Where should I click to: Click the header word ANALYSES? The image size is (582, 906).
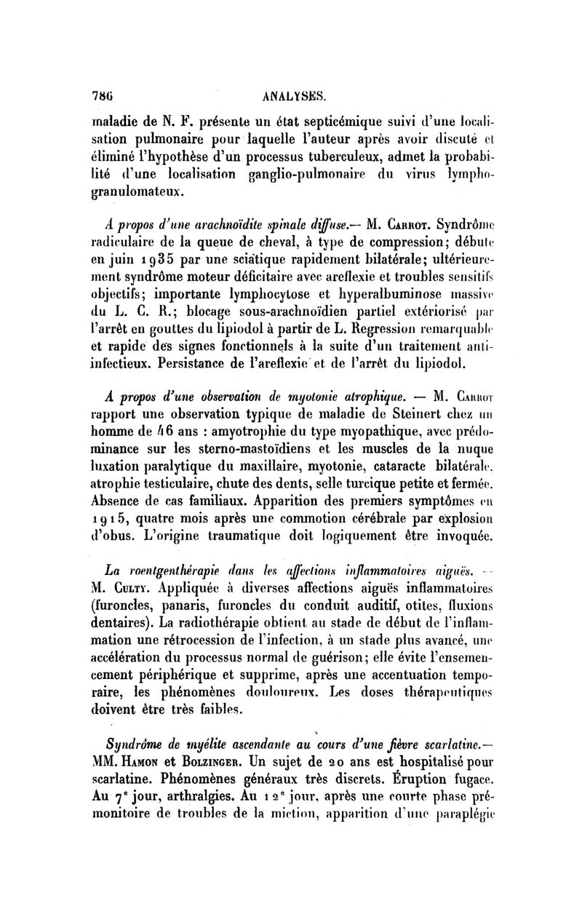point(289,95)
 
